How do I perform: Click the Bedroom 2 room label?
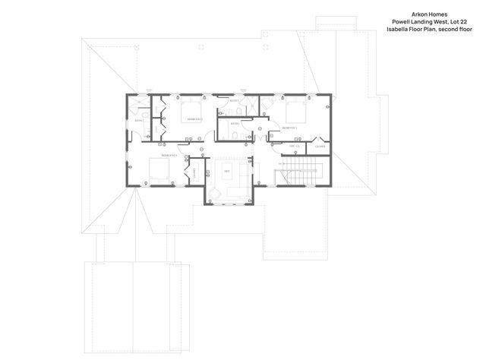194,119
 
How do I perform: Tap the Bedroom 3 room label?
289,128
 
